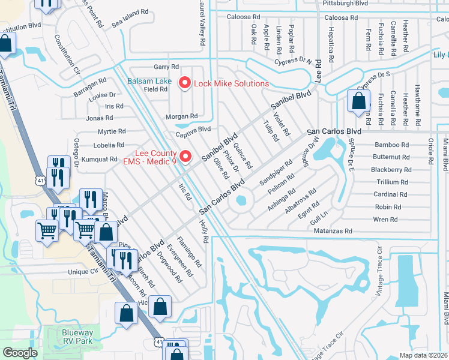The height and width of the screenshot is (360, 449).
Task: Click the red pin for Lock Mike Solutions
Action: (185, 83)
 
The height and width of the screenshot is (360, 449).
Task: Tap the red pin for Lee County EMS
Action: (185, 157)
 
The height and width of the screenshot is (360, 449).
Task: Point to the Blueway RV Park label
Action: (77, 337)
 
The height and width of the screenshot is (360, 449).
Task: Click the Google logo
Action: (20, 353)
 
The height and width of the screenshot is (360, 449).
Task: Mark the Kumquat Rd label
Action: (101, 159)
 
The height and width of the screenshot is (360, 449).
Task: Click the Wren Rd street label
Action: (385, 220)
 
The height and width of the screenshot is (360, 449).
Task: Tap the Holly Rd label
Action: (205, 230)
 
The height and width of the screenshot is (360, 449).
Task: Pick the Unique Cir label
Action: (83, 271)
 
